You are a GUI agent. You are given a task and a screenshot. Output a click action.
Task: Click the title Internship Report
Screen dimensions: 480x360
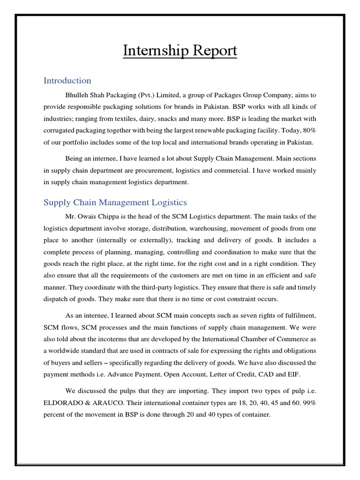[180, 51]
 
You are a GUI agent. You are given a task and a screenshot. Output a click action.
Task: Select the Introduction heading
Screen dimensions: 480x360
[67, 81]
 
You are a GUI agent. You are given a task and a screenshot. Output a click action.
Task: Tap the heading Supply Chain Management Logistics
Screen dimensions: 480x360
[115, 202]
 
